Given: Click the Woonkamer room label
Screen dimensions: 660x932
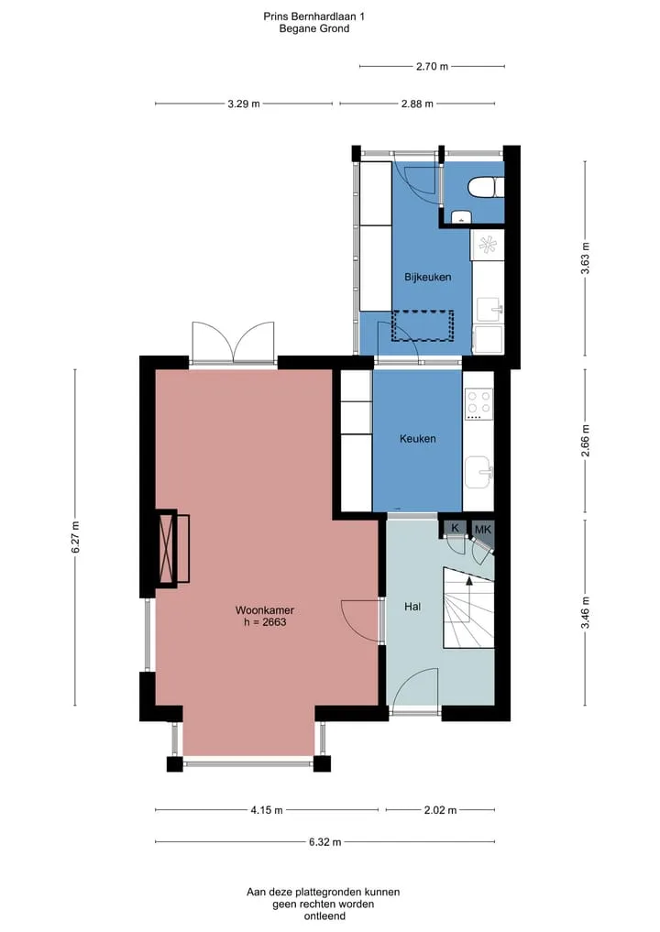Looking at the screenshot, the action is tap(265, 609).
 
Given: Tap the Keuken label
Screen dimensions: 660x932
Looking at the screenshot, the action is tap(417, 439).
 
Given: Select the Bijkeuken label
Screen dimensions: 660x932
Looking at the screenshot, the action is tap(427, 277).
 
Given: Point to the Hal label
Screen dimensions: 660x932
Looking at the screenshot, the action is tap(412, 607).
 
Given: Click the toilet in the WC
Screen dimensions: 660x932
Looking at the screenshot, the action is tap(485, 187).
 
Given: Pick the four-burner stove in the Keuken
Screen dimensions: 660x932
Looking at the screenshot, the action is tap(478, 403).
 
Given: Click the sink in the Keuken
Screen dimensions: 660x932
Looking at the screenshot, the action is tap(478, 472).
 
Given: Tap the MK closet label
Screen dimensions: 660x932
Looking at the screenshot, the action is tap(483, 529).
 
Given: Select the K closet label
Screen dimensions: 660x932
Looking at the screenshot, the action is tap(456, 528).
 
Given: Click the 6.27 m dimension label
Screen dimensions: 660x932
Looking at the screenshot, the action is tap(75, 537).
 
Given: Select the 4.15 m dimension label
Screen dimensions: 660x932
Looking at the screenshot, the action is tap(267, 809).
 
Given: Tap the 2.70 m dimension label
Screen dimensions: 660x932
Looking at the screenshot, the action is tap(433, 67).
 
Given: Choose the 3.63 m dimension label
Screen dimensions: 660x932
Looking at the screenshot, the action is tap(585, 258).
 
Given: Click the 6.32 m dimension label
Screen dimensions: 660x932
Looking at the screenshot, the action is tap(325, 841).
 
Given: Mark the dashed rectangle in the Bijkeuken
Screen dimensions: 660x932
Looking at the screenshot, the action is tap(423, 325).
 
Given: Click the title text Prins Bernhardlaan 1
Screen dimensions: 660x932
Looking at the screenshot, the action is tap(313, 16).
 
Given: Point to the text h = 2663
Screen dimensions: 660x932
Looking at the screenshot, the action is tap(265, 622).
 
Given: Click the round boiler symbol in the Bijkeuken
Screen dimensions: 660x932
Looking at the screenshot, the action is tap(488, 245).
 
